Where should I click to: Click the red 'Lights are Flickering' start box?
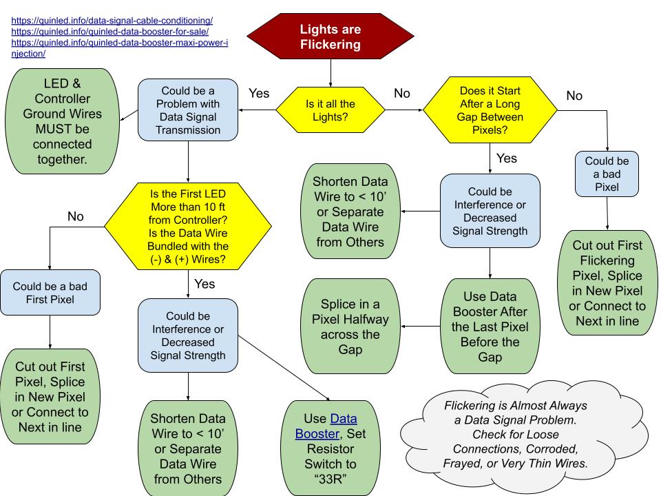click(x=330, y=38)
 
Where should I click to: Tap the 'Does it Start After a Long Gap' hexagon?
click(x=492, y=110)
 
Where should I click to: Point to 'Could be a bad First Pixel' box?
click(x=50, y=293)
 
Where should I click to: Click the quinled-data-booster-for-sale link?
click(x=110, y=32)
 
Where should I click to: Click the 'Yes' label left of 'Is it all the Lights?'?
click(x=258, y=93)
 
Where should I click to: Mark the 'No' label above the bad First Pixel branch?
click(x=76, y=216)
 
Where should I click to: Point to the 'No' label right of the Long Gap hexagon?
click(x=574, y=96)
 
